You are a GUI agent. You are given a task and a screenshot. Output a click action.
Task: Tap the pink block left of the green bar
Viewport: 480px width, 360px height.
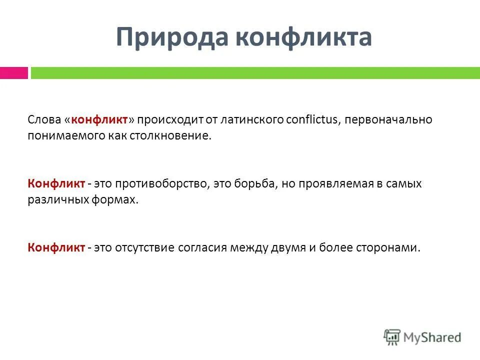click(x=14, y=73)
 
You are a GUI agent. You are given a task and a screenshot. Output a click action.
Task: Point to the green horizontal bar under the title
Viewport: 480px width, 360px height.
click(x=255, y=73)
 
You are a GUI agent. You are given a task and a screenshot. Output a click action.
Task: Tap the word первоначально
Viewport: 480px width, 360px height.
click(x=388, y=120)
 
